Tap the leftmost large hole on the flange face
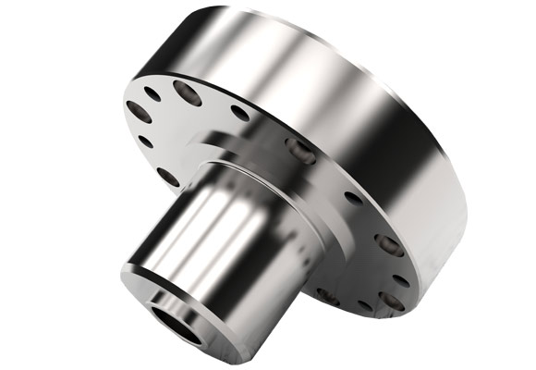[x=139, y=113]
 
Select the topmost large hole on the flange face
[x=188, y=92]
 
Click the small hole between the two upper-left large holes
[x=153, y=93]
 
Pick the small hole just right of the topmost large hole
[x=239, y=113]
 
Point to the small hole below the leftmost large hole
[x=145, y=142]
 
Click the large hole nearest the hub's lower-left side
[x=168, y=176]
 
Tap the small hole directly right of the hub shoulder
[x=352, y=197]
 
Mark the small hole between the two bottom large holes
[x=364, y=305]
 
